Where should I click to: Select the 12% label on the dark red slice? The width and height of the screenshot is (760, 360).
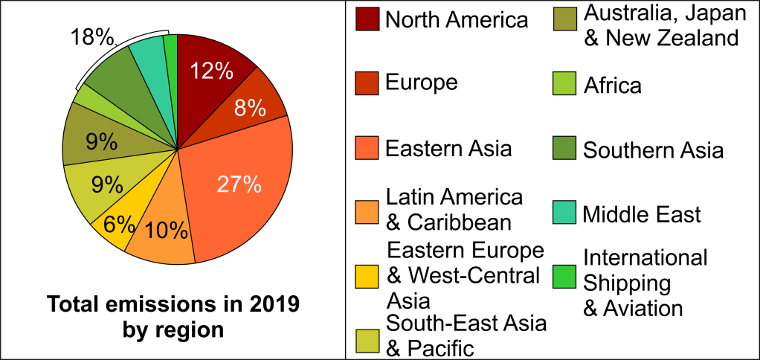click(x=212, y=71)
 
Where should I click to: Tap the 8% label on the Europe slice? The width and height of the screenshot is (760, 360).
click(x=250, y=109)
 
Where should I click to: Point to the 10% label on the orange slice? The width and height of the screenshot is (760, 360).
click(x=166, y=231)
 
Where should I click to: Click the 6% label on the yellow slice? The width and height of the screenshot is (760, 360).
click(x=119, y=224)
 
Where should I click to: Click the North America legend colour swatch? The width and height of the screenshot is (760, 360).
click(x=367, y=19)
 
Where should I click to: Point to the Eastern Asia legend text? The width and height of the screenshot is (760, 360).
click(x=448, y=148)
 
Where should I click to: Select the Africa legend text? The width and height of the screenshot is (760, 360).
click(x=612, y=85)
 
